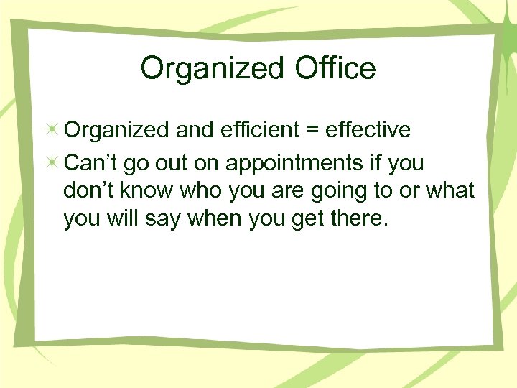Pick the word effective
coord(368,129)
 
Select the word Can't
coord(91,163)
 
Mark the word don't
coord(88,190)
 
